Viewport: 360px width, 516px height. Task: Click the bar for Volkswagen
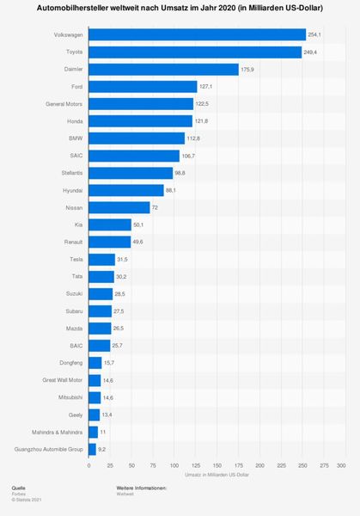[x=197, y=34]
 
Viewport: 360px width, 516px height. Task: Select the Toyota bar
[x=194, y=52]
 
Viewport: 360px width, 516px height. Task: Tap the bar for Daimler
[x=163, y=69]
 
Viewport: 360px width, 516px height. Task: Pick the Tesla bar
[x=101, y=259]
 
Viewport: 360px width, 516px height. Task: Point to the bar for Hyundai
[x=125, y=190]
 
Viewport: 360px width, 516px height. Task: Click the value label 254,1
[x=314, y=34]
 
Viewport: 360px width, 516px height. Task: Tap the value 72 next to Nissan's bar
[x=155, y=207]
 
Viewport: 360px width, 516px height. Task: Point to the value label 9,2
[x=102, y=448]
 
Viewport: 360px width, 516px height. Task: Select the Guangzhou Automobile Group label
[x=49, y=448]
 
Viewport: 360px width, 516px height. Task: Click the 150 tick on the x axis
[x=215, y=465]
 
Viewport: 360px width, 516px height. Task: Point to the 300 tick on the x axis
[x=340, y=465]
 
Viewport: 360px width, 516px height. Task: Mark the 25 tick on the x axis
[x=110, y=465]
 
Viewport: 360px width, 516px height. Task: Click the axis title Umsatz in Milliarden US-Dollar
[x=215, y=475]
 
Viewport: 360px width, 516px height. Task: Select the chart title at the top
[x=180, y=8]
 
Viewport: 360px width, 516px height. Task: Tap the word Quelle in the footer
[x=18, y=488]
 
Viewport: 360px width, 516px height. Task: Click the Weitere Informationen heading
[x=142, y=488]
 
